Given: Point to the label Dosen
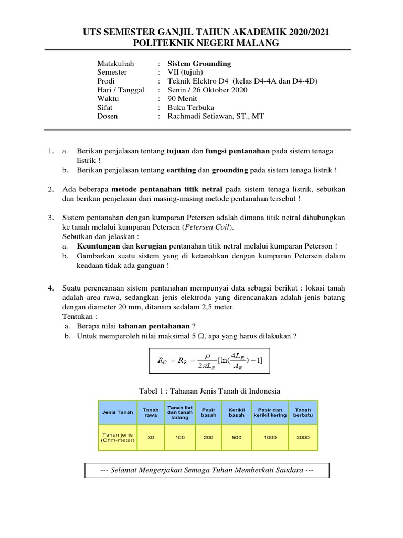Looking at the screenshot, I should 108,116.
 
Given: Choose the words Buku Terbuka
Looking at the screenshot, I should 191,108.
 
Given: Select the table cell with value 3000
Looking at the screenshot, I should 303,437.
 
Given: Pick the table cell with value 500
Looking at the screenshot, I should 237,437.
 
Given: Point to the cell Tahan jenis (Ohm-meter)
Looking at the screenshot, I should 118,437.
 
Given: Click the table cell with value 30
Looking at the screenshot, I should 151,437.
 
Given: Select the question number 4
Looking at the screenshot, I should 50,288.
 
